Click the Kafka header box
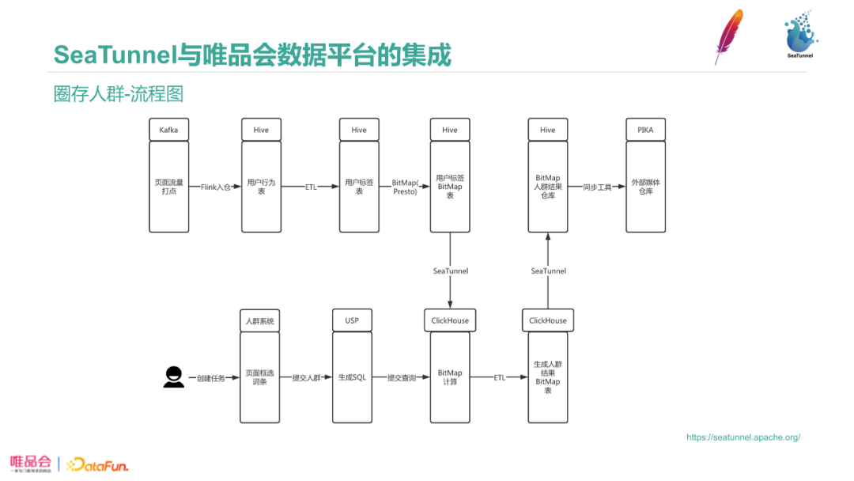tap(169, 130)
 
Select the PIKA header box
tap(645, 130)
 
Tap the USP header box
tap(352, 320)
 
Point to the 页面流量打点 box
tap(169, 187)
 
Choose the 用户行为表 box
tap(261, 187)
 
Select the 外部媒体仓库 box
tap(645, 187)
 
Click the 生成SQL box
tap(352, 377)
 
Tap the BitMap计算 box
tap(450, 377)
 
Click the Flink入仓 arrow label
tap(215, 187)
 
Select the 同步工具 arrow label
tap(597, 187)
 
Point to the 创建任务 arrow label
tap(211, 378)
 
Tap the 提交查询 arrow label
tap(402, 378)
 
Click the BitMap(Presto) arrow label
tap(405, 187)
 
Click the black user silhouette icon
tap(174, 377)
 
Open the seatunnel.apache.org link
tap(743, 437)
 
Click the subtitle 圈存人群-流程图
tap(119, 93)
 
